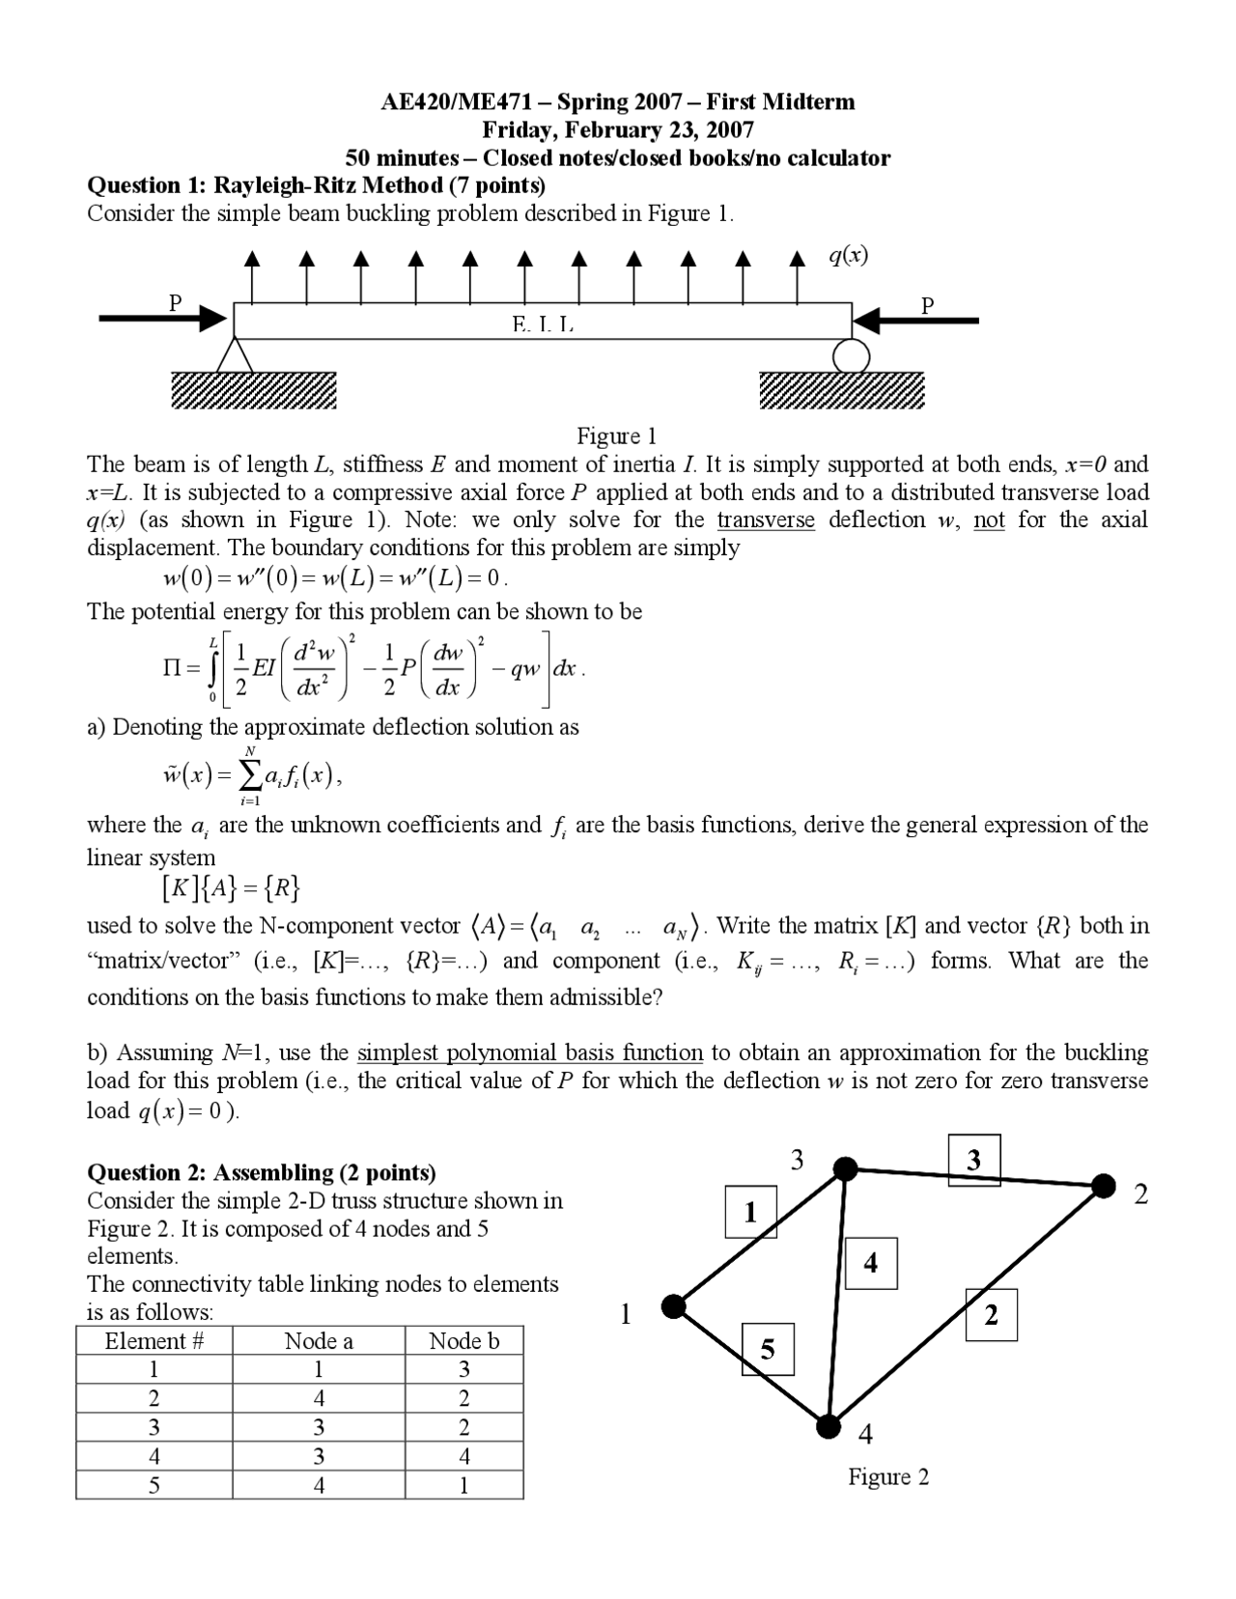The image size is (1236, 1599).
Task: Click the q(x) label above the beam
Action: [848, 255]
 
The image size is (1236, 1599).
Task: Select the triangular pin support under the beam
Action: [235, 355]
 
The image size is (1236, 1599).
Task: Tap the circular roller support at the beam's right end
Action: [851, 355]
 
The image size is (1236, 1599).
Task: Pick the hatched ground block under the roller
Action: [841, 390]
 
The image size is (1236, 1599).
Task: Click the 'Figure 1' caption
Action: [616, 435]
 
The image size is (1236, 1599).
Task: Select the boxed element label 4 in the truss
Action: [870, 1263]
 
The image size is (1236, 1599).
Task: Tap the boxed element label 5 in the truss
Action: [767, 1349]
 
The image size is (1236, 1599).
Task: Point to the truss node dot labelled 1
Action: [673, 1306]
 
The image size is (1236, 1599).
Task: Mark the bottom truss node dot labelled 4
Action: [828, 1425]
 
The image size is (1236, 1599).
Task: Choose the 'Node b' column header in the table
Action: [463, 1341]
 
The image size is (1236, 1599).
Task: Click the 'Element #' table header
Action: [154, 1341]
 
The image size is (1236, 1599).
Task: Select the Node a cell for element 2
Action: [319, 1398]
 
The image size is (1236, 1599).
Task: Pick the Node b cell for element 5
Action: [463, 1485]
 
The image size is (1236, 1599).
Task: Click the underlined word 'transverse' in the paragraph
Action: [766, 519]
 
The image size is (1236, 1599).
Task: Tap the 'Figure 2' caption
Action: [888, 1476]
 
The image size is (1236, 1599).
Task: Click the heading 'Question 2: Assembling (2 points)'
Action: [262, 1172]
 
